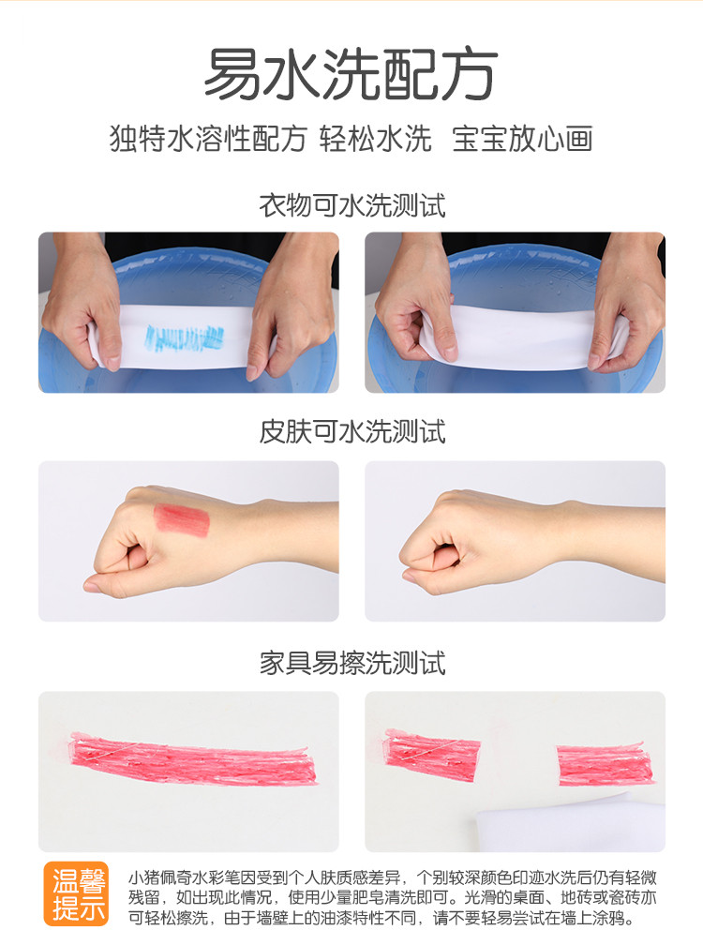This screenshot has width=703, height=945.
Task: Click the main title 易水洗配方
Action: coord(351,74)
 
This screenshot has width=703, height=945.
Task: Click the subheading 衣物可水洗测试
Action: coord(352,205)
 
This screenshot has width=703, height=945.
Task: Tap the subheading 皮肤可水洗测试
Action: coord(352,431)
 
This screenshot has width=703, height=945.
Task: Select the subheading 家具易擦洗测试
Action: coord(352,663)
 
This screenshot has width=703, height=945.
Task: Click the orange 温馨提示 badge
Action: coord(76,893)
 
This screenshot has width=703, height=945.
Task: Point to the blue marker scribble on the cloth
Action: coord(185,338)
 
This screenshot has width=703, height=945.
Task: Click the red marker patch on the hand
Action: coord(181,519)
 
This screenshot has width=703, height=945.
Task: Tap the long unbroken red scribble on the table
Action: coord(194,758)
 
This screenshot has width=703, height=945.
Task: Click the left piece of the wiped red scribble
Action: coord(432,753)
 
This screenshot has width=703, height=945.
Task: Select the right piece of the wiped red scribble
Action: coord(605,765)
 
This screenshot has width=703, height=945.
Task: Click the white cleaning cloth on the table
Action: coord(569,824)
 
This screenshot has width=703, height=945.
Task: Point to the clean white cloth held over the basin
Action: coord(518,335)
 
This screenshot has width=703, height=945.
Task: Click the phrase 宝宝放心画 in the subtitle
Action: coord(522,139)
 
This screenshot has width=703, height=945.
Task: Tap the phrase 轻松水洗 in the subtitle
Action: coord(375,139)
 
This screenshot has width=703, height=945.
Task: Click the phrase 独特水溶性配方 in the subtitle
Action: coord(208,139)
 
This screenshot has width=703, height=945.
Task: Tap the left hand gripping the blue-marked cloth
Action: coord(84,301)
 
